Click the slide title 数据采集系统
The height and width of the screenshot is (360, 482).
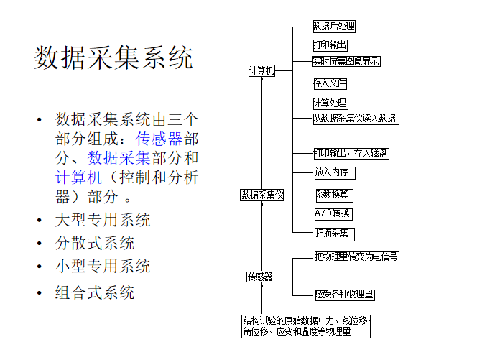[x=113, y=58]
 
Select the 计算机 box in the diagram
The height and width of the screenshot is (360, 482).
[x=261, y=71]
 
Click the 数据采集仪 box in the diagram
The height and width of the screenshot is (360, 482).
[x=262, y=195]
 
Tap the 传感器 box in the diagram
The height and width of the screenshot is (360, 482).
[x=260, y=276]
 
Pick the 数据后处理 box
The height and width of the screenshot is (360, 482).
[x=334, y=27]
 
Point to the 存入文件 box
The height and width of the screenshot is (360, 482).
[x=330, y=83]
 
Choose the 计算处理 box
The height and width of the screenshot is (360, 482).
[x=330, y=103]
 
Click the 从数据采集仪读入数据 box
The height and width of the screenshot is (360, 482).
[x=356, y=119]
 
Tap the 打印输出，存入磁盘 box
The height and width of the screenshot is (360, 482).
[x=352, y=153]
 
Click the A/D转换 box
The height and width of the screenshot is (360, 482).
[x=333, y=213]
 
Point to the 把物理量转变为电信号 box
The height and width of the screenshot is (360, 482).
[x=356, y=257]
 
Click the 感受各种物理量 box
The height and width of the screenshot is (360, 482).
[x=345, y=295]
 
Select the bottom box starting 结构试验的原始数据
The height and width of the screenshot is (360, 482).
[x=307, y=326]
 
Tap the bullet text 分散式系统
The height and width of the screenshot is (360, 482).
[x=95, y=243]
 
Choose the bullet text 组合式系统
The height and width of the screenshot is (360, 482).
[x=95, y=292]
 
